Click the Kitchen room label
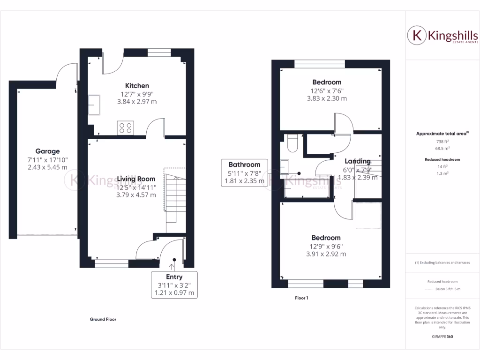[137, 86]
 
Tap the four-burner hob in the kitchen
[125, 127]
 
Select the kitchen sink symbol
[94, 104]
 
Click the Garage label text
[47, 151]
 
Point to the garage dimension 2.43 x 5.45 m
[47, 167]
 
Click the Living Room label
[136, 179]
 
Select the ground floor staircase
[174, 195]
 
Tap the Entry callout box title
[174, 277]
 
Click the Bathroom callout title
[244, 165]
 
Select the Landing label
[358, 162]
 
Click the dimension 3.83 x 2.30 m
[327, 99]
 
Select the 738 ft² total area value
[440, 141]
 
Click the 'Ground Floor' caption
[103, 319]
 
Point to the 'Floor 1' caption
[301, 298]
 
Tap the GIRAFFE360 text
[442, 337]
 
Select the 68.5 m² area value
[440, 148]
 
